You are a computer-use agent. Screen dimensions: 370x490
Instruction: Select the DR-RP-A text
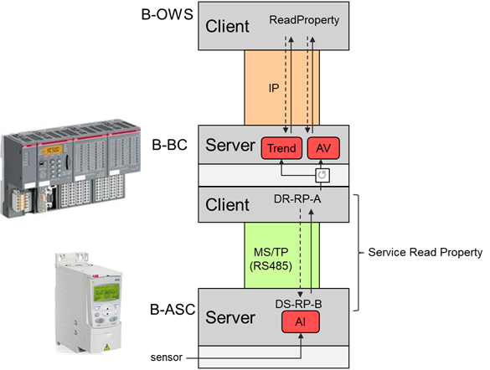(299, 199)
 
